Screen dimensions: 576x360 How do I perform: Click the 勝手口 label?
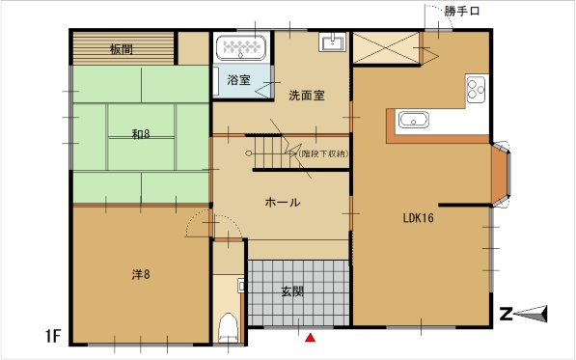click(x=462, y=11)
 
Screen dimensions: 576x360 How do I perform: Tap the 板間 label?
click(x=122, y=49)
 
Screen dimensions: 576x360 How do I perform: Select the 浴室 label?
click(x=238, y=80)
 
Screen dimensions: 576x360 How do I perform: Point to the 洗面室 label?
click(x=307, y=96)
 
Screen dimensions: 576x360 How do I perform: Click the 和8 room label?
click(x=141, y=134)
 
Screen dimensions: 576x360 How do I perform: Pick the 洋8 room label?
click(x=141, y=274)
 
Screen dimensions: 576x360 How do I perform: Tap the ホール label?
click(x=283, y=202)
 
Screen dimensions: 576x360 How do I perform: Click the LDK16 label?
click(x=419, y=218)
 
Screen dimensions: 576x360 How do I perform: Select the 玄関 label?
click(x=292, y=291)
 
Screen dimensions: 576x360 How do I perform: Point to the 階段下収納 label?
click(x=323, y=153)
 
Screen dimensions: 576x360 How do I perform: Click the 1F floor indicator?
click(x=53, y=336)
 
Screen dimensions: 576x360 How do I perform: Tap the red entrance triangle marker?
click(x=311, y=337)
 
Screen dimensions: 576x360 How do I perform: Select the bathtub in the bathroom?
click(x=241, y=47)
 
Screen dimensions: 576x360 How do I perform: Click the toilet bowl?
click(x=228, y=328)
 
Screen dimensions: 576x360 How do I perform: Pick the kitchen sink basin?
click(x=414, y=120)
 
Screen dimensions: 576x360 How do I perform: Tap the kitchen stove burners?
click(x=476, y=89)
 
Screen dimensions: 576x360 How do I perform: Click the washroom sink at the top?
click(x=333, y=42)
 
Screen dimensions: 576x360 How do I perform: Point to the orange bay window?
click(x=500, y=174)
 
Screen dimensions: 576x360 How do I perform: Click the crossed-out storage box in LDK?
click(x=387, y=47)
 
